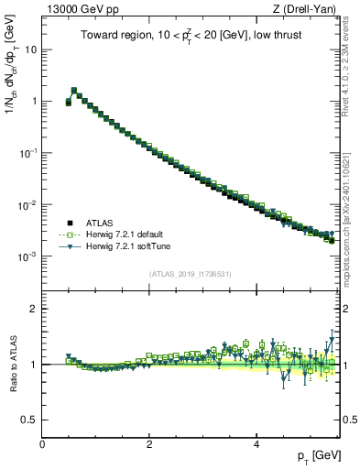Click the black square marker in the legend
point(70,223)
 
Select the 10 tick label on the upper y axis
point(31,49)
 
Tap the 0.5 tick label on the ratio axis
point(29,420)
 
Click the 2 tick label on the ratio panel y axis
point(33,309)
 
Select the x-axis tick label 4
point(256,444)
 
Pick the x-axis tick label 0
point(43,444)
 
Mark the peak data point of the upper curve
point(74,91)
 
